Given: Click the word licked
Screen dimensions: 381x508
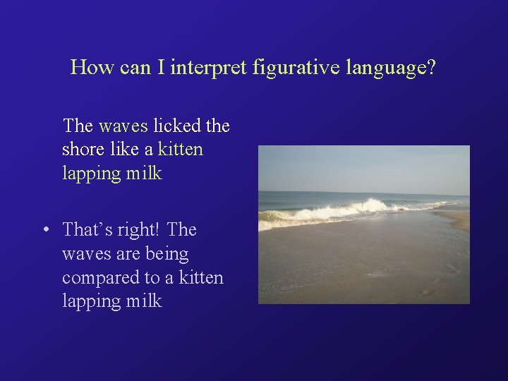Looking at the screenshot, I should pyautogui.click(x=177, y=126).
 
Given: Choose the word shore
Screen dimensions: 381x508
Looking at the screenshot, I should pyautogui.click(x=83, y=150).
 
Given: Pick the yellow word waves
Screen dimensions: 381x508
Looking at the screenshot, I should pyautogui.click(x=123, y=126).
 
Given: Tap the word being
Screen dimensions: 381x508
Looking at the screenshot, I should pyautogui.click(x=166, y=253).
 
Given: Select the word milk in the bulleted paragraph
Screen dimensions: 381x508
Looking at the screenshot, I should pyautogui.click(x=143, y=301).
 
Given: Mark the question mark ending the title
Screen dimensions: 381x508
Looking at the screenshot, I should pyautogui.click(x=431, y=68).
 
